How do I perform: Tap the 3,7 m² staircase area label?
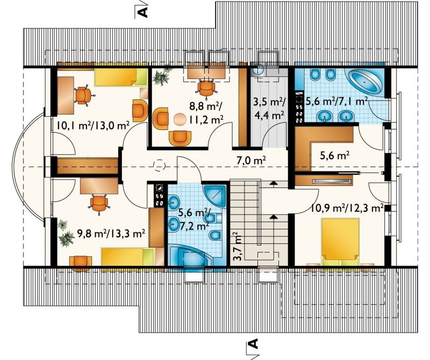tap(238, 247)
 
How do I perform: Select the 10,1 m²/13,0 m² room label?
tap(93, 126)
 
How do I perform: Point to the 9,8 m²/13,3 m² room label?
tap(111, 234)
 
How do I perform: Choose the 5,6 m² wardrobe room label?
tap(334, 156)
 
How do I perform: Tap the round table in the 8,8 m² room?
tap(180, 119)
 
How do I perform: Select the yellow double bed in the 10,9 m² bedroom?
tap(340, 242)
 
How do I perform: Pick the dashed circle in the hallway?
tap(159, 165)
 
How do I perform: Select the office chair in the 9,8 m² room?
tap(99, 203)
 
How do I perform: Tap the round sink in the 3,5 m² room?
tap(259, 70)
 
